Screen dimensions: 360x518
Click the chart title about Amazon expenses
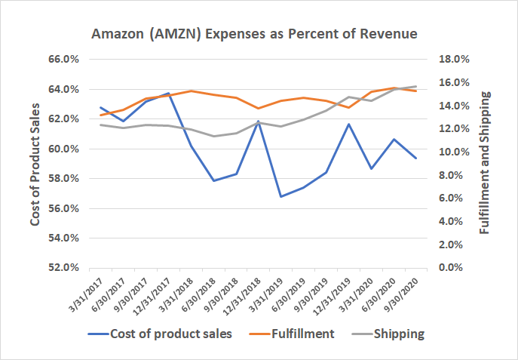(x=254, y=35)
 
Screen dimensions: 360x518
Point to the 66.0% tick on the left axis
(x=64, y=59)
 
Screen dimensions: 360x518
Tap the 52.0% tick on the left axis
(x=64, y=268)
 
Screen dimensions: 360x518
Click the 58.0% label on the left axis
(x=64, y=179)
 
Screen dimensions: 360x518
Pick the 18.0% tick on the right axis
(x=454, y=59)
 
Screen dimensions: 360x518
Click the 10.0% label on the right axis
(x=454, y=152)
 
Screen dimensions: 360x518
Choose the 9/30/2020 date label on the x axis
(x=405, y=291)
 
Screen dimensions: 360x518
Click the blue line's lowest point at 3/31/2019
(x=281, y=196)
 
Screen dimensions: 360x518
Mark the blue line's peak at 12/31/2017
(x=168, y=93)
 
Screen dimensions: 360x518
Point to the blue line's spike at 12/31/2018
(x=259, y=121)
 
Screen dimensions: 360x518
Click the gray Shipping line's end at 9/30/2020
(x=415, y=86)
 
